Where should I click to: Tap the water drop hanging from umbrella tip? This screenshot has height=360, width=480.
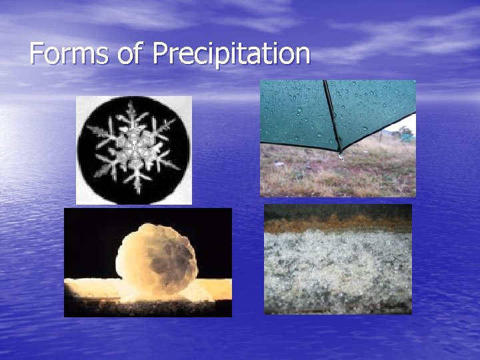(340, 157)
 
